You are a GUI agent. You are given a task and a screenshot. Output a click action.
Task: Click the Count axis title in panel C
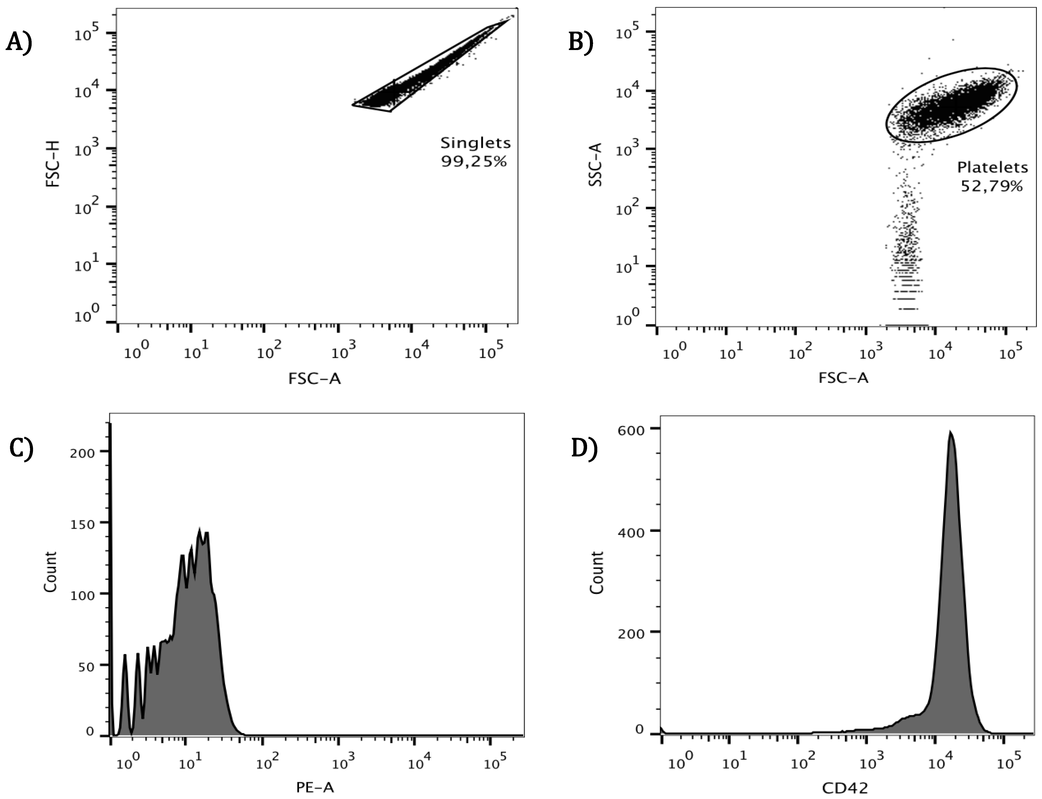click(50, 572)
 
